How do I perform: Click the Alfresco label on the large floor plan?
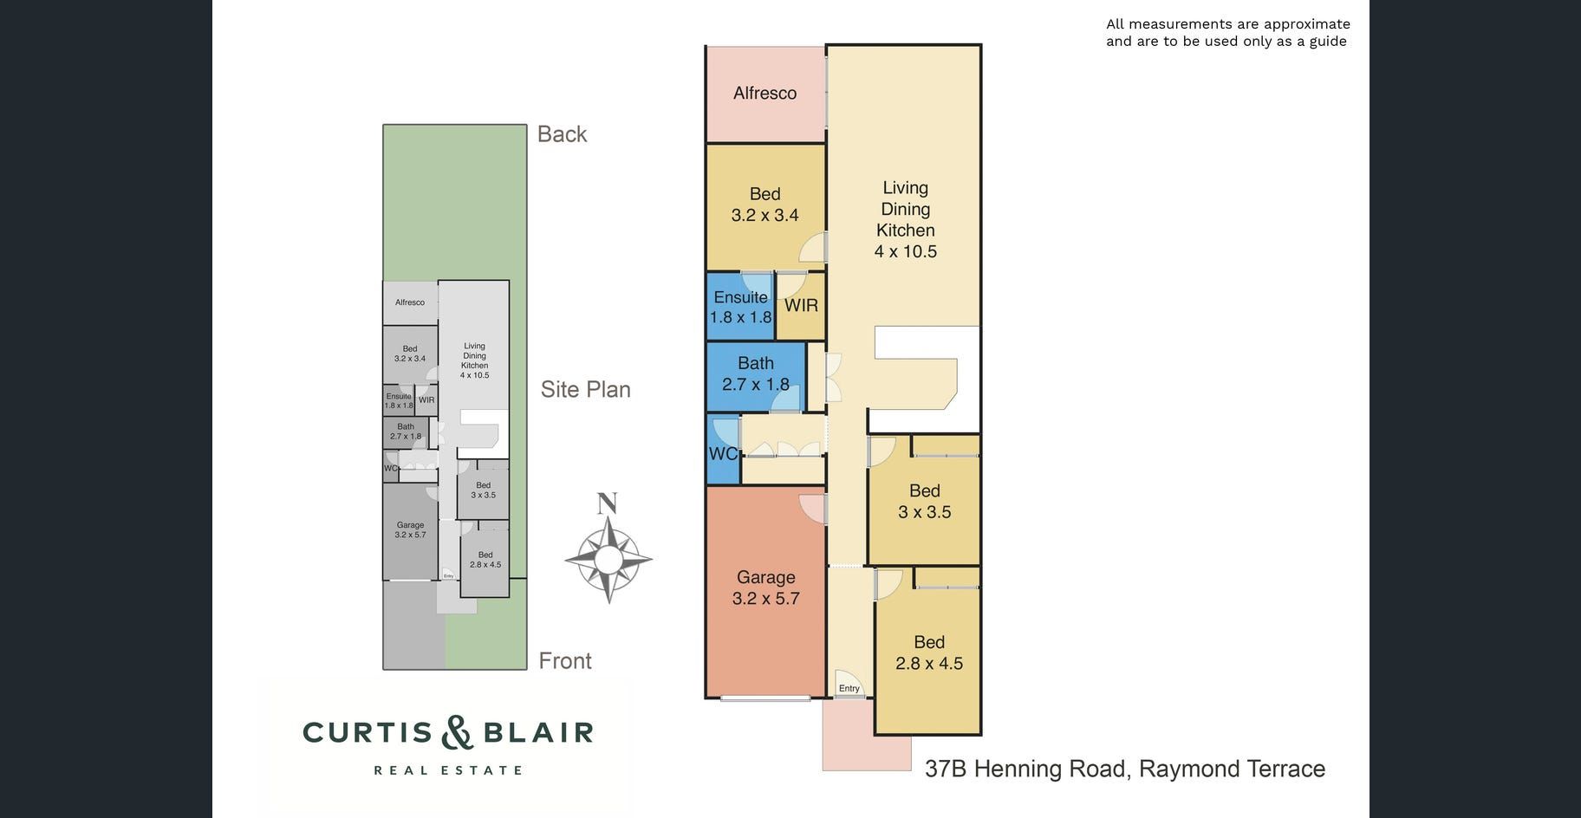pyautogui.click(x=764, y=93)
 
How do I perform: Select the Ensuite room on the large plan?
pyautogui.click(x=740, y=307)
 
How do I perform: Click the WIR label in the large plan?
pyautogui.click(x=801, y=305)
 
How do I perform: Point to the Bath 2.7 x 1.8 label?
pyautogui.click(x=756, y=373)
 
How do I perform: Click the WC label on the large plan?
pyautogui.click(x=723, y=454)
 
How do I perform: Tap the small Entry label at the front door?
pyautogui.click(x=849, y=689)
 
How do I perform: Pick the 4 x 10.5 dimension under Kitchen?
pyautogui.click(x=906, y=252)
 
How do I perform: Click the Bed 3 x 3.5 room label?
pyautogui.click(x=925, y=502)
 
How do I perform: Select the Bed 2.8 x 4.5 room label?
pyautogui.click(x=929, y=652)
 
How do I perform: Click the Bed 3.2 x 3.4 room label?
pyautogui.click(x=764, y=204)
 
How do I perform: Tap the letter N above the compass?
pyautogui.click(x=608, y=503)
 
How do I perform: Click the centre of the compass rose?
pyautogui.click(x=608, y=559)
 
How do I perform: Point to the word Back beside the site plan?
pyautogui.click(x=562, y=134)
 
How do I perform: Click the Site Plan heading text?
pyautogui.click(x=586, y=390)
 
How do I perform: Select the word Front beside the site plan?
pyautogui.click(x=565, y=661)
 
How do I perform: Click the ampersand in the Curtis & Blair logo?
pyautogui.click(x=457, y=732)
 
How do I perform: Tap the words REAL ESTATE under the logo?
pyautogui.click(x=448, y=769)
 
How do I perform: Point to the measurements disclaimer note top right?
pyautogui.click(x=1227, y=33)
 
